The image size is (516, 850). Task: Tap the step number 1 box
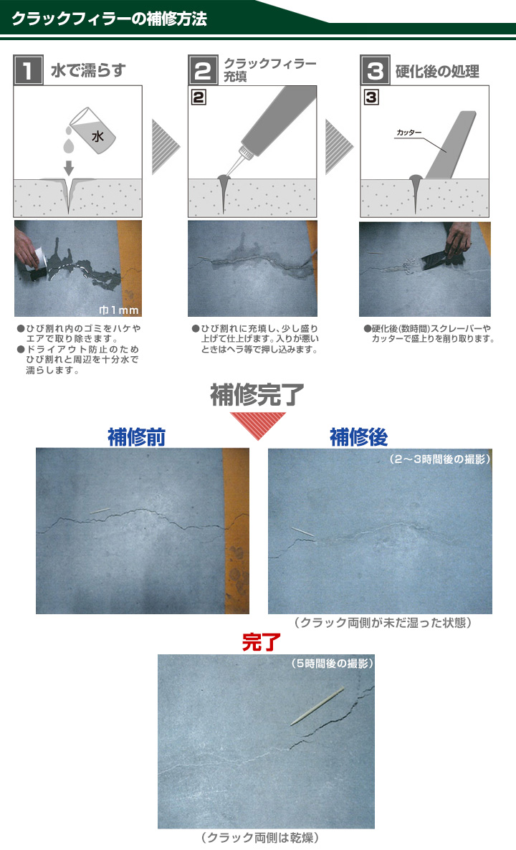28,71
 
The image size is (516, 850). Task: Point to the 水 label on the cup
97,134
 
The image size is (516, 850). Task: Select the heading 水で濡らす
88,71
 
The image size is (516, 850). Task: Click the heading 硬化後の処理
437,72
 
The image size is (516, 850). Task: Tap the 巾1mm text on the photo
119,310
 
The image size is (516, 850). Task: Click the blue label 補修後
358,437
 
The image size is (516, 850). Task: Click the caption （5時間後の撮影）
332,664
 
